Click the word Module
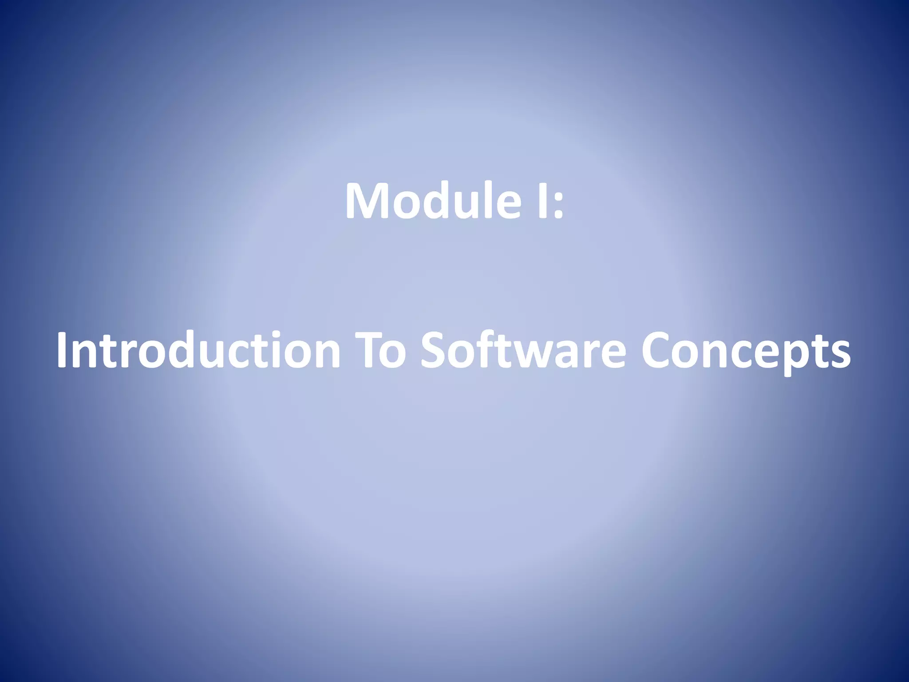tap(433, 201)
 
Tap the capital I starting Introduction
tap(63, 350)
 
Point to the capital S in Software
tap(434, 350)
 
